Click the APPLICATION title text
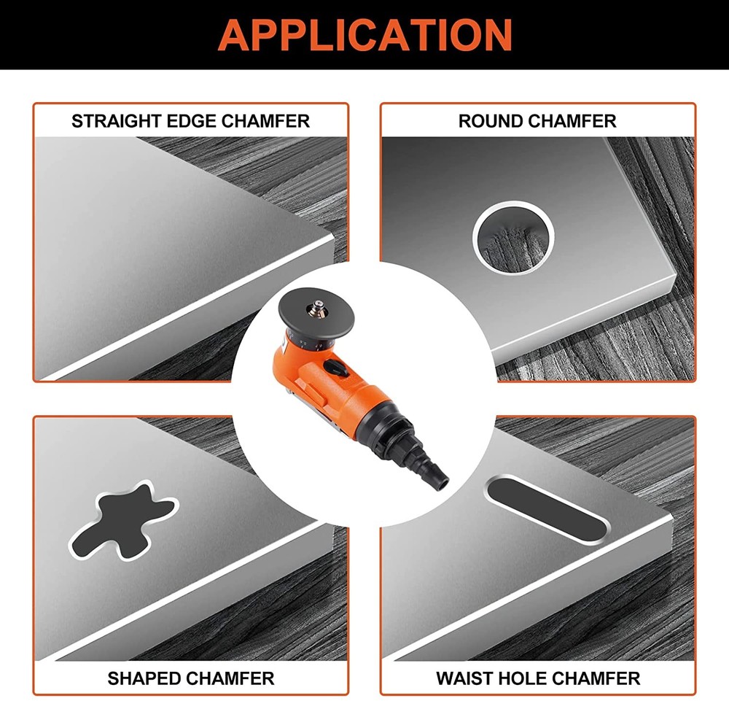(x=364, y=34)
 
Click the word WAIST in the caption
(x=466, y=678)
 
